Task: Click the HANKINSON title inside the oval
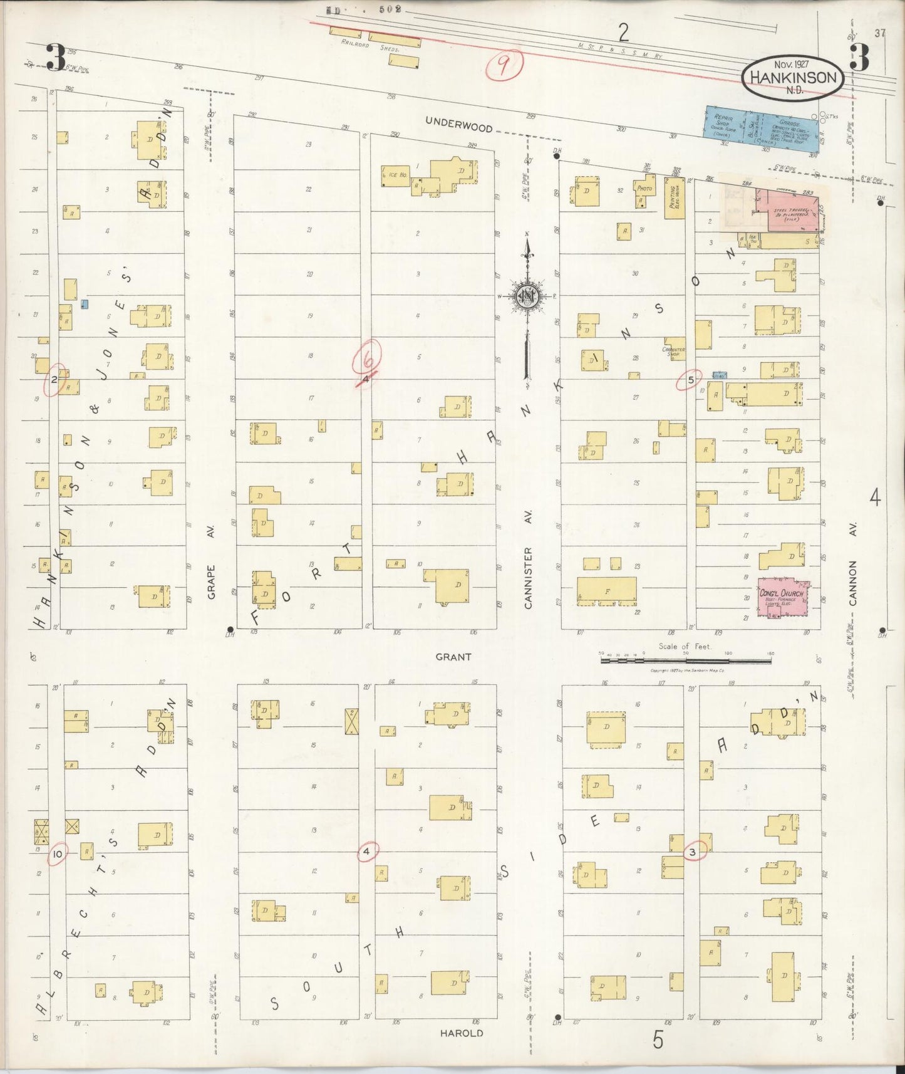coord(793,78)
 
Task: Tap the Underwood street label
coord(458,124)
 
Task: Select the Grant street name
coord(453,657)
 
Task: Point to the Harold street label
coord(461,1033)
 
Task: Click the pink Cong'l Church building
coord(782,597)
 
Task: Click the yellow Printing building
coord(675,198)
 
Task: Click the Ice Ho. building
coord(395,176)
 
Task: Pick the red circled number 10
coord(58,853)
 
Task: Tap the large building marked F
coord(606,591)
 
